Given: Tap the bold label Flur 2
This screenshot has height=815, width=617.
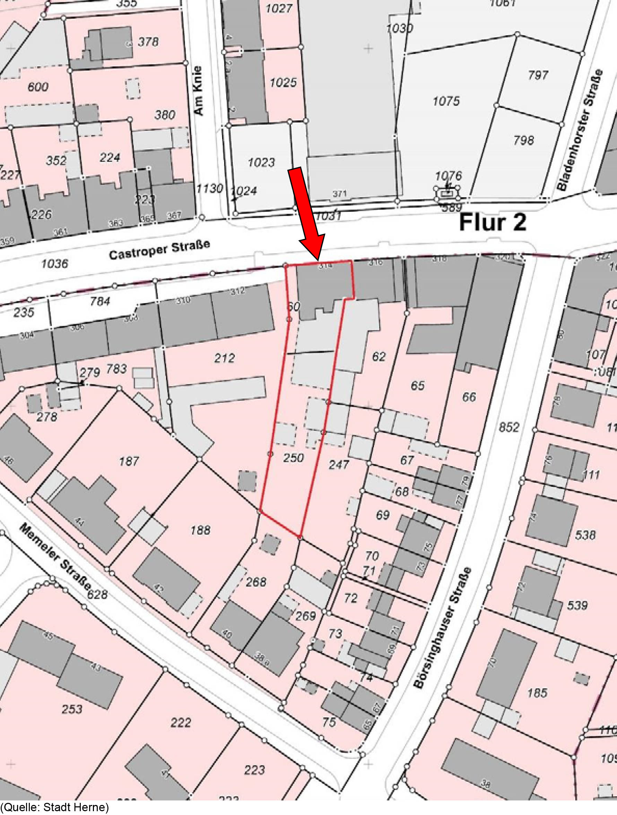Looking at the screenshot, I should pyautogui.click(x=493, y=223).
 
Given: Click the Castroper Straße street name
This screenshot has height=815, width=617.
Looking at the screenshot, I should pyautogui.click(x=159, y=250).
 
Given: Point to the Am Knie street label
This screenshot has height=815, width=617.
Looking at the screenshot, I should pyautogui.click(x=199, y=91).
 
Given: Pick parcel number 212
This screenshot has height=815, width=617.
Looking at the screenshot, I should pyautogui.click(x=224, y=358).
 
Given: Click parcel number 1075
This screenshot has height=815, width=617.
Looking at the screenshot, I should pyautogui.click(x=446, y=101).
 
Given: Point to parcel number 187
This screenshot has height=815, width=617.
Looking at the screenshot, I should pyautogui.click(x=129, y=461).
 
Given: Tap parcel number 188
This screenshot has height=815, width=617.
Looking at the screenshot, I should pyautogui.click(x=200, y=530).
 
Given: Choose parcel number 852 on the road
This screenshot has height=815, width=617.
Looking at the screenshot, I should pyautogui.click(x=509, y=427).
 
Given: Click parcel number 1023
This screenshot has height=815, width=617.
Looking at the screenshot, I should pyautogui.click(x=261, y=162).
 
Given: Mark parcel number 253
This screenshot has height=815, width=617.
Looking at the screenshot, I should pyautogui.click(x=72, y=709).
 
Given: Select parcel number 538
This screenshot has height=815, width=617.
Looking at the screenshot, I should pyautogui.click(x=585, y=535).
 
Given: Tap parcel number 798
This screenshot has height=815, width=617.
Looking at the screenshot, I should pyautogui.click(x=523, y=140).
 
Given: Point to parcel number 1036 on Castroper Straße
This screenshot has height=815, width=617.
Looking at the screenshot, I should pyautogui.click(x=54, y=264).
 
